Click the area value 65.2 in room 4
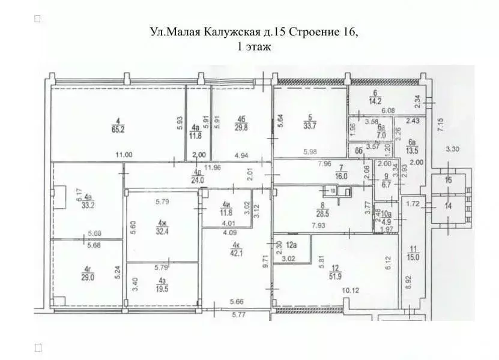point(118,128)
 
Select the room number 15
point(447,181)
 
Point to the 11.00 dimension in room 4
point(124,154)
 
